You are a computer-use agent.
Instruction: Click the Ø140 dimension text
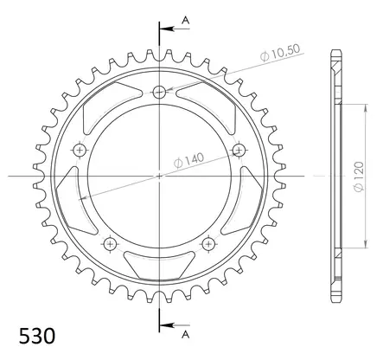[193, 158]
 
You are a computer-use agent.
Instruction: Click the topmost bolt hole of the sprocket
[159, 93]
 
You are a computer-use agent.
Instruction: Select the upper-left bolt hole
[80, 151]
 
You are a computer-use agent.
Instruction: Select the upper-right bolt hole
[239, 151]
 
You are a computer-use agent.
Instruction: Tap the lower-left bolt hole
[110, 243]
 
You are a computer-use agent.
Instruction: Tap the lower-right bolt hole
[208, 243]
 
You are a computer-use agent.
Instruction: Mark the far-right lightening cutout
[251, 192]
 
